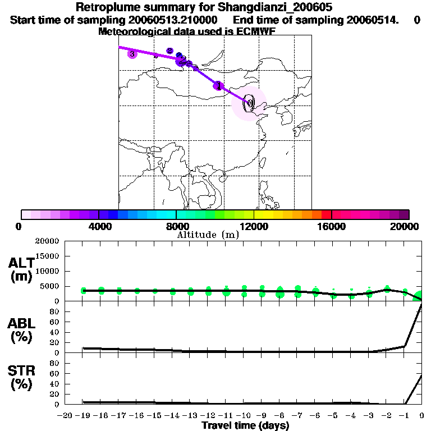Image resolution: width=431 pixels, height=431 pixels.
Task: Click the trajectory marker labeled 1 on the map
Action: coord(218,85)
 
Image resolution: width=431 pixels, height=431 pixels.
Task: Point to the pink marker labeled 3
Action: coord(132,54)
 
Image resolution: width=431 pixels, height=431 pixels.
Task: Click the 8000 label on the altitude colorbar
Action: coord(176,226)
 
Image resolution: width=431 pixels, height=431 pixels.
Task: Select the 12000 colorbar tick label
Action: coord(254,226)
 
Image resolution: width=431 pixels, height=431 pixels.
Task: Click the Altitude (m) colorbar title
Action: coord(208,235)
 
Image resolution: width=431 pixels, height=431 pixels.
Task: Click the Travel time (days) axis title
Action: coord(245,425)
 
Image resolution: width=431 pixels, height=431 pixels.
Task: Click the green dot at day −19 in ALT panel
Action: coord(84,291)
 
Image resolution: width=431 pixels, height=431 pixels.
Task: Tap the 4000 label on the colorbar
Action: coord(98,226)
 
